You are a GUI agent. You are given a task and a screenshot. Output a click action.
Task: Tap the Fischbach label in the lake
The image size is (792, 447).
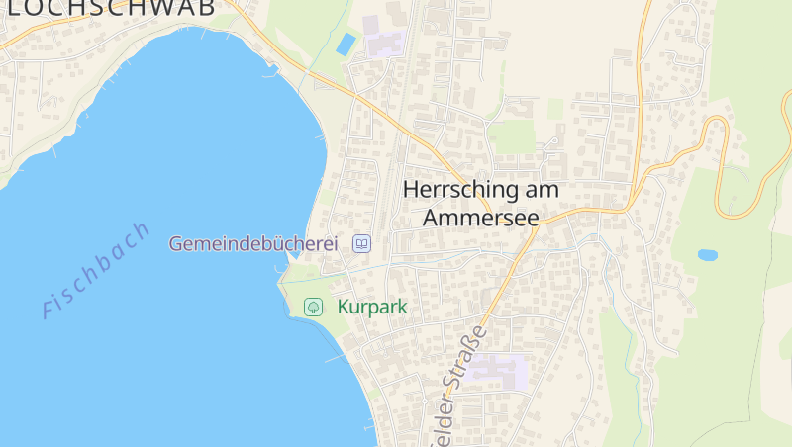[x=96, y=269]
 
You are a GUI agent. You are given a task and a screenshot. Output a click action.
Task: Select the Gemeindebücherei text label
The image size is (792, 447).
[x=253, y=243]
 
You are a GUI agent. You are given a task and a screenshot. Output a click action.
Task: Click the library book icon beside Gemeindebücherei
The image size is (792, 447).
[x=362, y=243]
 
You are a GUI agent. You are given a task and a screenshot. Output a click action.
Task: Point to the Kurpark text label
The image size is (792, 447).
[x=372, y=307]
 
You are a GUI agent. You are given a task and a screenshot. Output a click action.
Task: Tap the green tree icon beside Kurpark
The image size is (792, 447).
[x=313, y=307]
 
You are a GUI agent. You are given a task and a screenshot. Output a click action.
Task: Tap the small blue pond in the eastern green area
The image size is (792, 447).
[x=707, y=254]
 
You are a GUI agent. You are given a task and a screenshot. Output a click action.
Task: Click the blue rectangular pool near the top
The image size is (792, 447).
[x=346, y=44]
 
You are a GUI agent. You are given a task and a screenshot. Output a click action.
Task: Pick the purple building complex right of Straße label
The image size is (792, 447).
[x=501, y=371]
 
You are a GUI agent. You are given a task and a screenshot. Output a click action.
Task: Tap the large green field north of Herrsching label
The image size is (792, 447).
[x=512, y=135]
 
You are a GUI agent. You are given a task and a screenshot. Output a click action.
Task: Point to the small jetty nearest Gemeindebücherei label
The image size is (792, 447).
[x=289, y=257]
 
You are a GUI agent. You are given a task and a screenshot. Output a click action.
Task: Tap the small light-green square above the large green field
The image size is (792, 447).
[x=555, y=108]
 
